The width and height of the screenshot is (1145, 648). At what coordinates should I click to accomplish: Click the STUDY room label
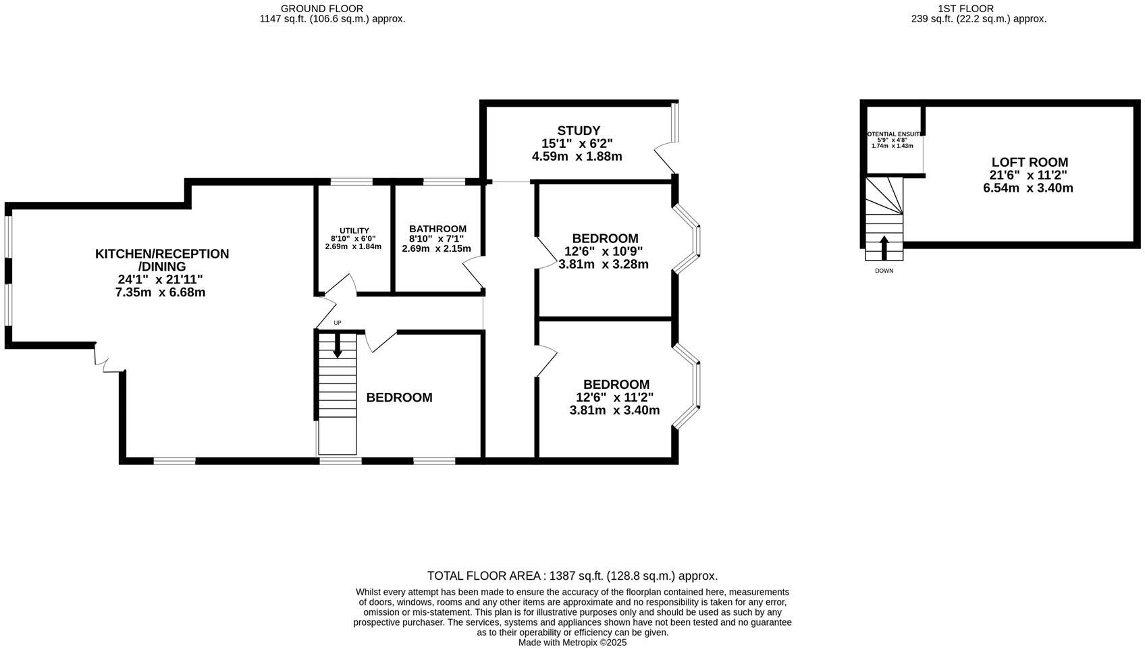[x=579, y=130]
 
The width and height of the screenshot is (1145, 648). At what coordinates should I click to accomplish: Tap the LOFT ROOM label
[x=1029, y=162]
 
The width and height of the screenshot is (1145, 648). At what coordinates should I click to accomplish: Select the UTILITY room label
[x=354, y=231]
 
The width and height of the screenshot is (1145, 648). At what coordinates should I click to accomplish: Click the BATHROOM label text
[x=437, y=229]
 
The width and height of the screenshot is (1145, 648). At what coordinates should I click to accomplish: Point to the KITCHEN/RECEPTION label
[x=162, y=254]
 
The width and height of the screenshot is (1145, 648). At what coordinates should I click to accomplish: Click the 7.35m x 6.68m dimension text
[x=160, y=292]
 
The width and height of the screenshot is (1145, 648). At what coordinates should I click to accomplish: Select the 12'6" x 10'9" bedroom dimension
[x=603, y=251]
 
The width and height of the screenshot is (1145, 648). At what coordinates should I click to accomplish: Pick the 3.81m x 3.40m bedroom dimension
[x=614, y=410]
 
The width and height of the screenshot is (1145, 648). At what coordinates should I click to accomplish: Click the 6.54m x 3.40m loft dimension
[x=1028, y=188]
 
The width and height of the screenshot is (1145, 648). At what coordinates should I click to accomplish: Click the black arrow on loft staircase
[x=884, y=246]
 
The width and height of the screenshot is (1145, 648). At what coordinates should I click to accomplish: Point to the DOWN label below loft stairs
[x=884, y=271]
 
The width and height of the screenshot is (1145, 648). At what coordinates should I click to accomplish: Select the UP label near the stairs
[x=337, y=323]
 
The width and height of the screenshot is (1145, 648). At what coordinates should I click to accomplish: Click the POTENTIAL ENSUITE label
[x=893, y=134]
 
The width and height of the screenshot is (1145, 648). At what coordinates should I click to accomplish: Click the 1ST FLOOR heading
[x=975, y=8]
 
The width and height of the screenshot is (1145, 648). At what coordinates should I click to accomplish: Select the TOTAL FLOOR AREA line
[x=572, y=576]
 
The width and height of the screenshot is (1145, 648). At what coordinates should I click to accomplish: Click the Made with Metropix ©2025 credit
[x=572, y=643]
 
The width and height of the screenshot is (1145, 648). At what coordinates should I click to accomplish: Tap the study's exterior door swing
[x=664, y=159]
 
